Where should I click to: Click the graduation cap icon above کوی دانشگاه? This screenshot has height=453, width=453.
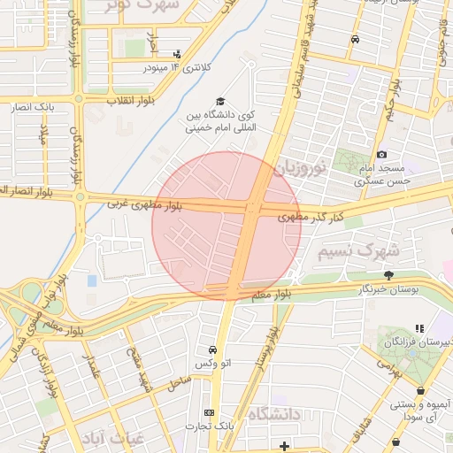pyautogui.click(x=220, y=102)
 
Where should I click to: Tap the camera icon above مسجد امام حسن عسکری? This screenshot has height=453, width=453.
pyautogui.click(x=381, y=155)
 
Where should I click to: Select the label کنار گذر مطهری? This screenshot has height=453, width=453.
pyautogui.click(x=311, y=217)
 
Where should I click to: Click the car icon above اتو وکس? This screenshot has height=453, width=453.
pyautogui.click(x=211, y=350)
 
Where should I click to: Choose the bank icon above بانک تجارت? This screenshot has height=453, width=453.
pyautogui.click(x=209, y=412)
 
